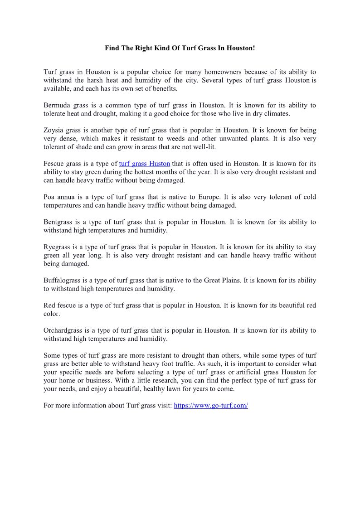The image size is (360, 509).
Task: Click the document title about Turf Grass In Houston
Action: click(180, 48)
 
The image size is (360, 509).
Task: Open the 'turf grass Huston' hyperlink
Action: click(144, 164)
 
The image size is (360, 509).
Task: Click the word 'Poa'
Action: click(49, 197)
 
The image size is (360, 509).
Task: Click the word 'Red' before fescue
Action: click(49, 305)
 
